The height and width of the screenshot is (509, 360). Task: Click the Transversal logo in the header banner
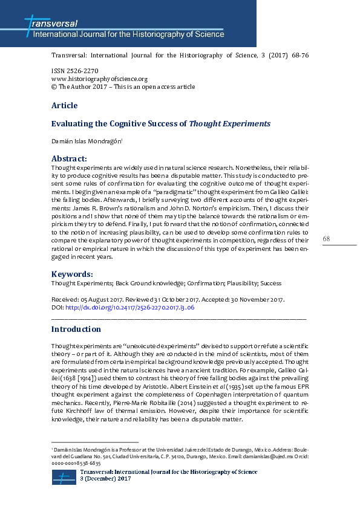tap(51, 24)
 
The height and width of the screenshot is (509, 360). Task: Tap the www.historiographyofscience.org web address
tap(100, 79)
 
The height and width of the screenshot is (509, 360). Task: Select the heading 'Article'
tap(64, 105)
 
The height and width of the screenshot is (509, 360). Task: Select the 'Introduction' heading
tap(76, 329)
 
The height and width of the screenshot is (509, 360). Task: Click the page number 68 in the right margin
tap(326, 239)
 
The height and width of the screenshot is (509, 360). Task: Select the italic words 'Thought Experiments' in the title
tap(230, 123)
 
